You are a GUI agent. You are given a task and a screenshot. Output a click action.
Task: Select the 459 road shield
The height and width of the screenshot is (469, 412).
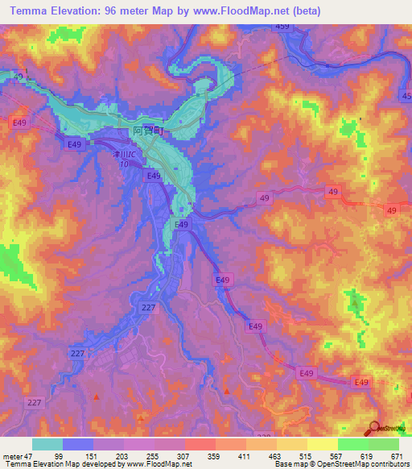(282, 27)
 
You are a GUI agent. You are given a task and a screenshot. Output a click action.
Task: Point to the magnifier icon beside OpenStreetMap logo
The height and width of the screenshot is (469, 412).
(375, 428)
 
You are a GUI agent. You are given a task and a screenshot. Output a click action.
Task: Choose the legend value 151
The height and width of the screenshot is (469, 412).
(100, 455)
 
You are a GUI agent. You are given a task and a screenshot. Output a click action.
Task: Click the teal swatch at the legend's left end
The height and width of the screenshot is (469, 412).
(47, 444)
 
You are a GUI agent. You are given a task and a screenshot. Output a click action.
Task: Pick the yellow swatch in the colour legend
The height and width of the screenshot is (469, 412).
(323, 444)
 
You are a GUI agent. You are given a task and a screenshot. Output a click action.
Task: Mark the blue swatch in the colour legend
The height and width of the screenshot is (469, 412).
(77, 444)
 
